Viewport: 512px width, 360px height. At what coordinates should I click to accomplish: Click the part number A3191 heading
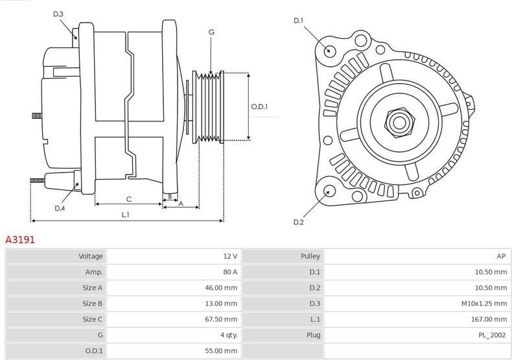coord(20,239)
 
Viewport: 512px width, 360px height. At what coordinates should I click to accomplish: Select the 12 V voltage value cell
coord(229,256)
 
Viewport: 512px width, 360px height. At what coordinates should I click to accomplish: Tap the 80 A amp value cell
coord(229,272)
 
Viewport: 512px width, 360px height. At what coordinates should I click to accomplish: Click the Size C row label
coord(92,319)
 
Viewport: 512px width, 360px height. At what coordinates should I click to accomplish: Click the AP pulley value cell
coord(502,256)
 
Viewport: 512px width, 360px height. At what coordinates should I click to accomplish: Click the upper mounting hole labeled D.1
coord(329,51)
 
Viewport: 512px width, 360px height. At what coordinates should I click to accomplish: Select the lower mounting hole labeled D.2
coord(329,191)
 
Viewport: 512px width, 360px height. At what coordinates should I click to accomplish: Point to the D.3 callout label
coord(58,14)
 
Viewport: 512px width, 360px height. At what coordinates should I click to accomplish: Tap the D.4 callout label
coord(60,208)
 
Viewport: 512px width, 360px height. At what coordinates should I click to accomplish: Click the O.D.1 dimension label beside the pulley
coord(259,106)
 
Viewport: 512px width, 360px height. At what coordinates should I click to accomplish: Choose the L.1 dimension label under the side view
coord(125,215)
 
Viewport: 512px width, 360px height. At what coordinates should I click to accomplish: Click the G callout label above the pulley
coord(211,32)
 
